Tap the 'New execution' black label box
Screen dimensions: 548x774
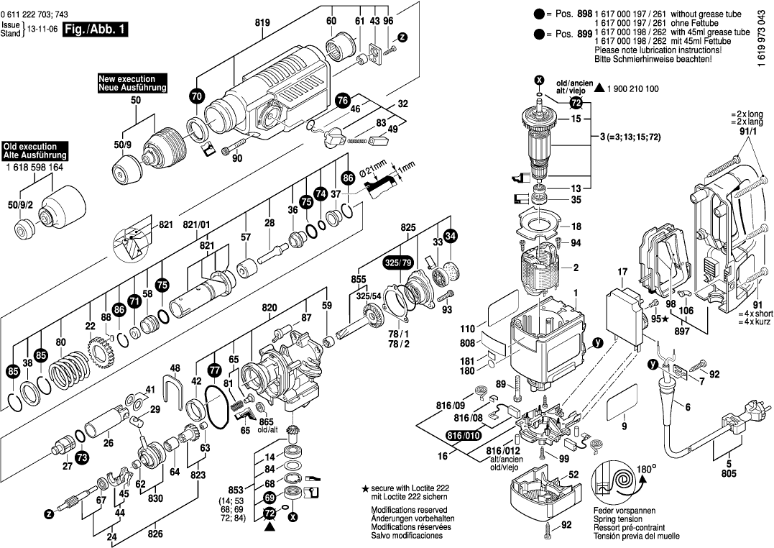132,83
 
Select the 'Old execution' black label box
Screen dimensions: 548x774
35,150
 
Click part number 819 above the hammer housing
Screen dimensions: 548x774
262,23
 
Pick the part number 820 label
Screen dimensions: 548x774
269,308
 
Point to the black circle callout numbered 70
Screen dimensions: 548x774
196,95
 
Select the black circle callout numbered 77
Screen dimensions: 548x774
215,370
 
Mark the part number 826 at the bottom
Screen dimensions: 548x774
155,534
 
